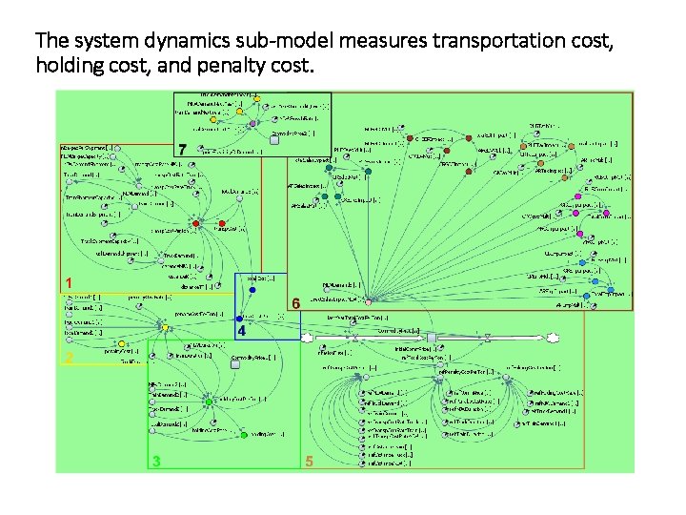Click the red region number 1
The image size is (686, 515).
tap(68, 282)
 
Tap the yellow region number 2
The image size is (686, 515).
tap(68, 358)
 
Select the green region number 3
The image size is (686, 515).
tap(156, 462)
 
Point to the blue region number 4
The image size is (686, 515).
tap(242, 332)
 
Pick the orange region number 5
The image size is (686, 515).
tap(309, 462)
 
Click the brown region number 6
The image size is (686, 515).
tap(296, 302)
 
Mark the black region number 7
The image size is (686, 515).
tap(181, 149)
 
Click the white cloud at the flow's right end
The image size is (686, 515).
tap(552, 338)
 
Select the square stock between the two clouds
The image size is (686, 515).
tap(432, 338)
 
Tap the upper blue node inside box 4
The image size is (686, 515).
tap(252, 290)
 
